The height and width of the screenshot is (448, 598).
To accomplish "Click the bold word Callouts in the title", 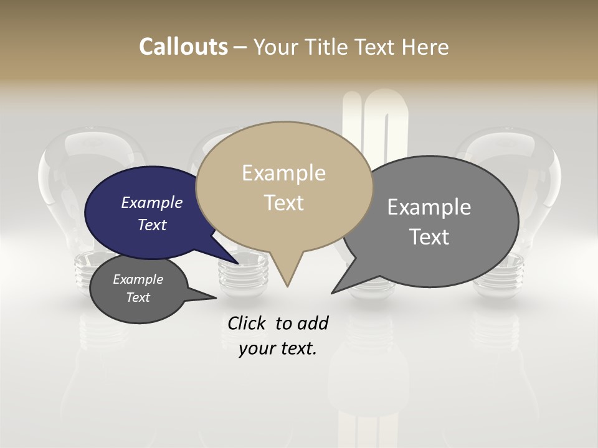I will point(183,47).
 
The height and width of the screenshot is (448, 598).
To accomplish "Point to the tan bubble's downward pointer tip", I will point(287,286).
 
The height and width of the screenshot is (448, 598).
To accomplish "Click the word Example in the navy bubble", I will point(152,203).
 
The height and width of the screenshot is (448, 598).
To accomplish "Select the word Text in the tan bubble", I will point(284,203).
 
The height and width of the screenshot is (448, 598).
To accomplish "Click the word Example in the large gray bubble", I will point(429,207).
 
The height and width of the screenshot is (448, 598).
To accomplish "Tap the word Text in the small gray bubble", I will point(138,297).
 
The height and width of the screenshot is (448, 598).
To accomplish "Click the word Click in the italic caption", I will point(247,323).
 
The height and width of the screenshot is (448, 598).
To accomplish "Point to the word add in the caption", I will point(312,323).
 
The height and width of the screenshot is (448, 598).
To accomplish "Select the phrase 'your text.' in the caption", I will point(278,348).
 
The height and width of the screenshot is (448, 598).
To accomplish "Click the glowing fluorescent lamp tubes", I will point(374,124).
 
